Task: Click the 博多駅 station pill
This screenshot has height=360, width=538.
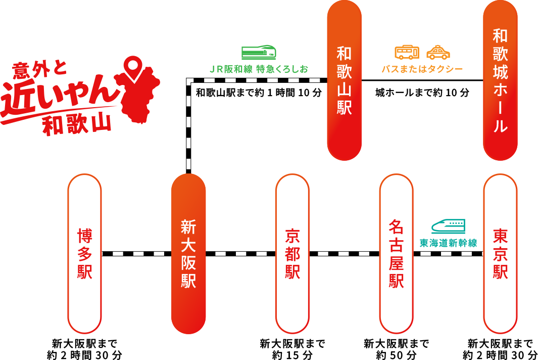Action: click(x=84, y=253)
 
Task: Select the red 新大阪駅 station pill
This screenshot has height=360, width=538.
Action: click(x=188, y=254)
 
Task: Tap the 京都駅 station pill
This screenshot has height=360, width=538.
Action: click(x=292, y=253)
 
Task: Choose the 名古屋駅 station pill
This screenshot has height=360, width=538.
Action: click(x=396, y=253)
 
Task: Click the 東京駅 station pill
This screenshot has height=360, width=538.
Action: click(x=500, y=253)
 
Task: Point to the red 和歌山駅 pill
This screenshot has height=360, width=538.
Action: click(x=344, y=80)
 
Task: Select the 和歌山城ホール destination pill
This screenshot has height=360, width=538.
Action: click(x=500, y=80)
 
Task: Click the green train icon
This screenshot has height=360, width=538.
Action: click(x=259, y=53)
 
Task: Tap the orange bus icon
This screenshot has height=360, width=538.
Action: click(x=407, y=53)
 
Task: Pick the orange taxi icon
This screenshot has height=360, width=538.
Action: click(x=438, y=53)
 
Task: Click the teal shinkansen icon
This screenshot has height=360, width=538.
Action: click(x=448, y=227)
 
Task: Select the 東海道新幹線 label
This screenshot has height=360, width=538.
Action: click(x=448, y=243)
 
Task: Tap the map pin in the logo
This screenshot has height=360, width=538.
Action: click(x=132, y=69)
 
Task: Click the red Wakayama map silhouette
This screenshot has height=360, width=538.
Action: click(x=139, y=99)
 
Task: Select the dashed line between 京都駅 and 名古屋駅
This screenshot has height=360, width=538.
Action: click(x=344, y=253)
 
